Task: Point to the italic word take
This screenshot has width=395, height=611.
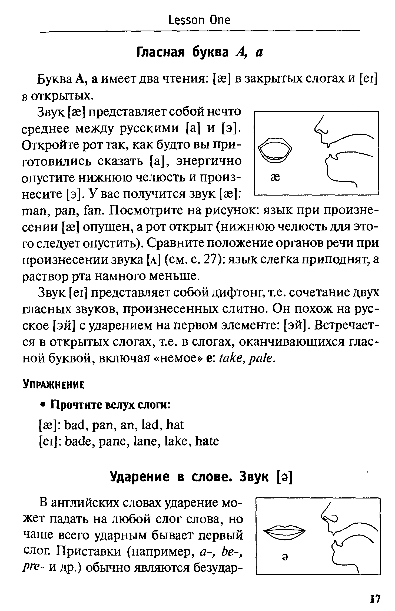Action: [x=230, y=358]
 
